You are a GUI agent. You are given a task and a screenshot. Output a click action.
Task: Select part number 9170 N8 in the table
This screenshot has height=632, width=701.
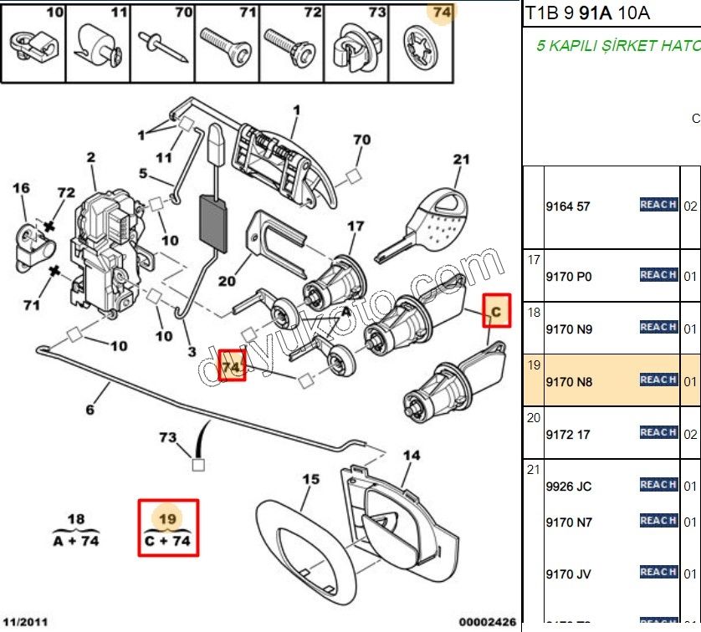click(568, 380)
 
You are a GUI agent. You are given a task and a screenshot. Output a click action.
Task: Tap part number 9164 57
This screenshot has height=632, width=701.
click(567, 206)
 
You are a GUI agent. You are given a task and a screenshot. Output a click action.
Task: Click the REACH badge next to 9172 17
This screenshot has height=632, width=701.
click(658, 432)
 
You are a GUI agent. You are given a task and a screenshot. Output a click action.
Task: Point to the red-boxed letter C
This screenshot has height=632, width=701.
click(495, 312)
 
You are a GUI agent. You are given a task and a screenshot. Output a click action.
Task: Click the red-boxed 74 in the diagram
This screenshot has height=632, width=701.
click(232, 367)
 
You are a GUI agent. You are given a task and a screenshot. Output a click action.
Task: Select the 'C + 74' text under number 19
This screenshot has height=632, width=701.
click(167, 542)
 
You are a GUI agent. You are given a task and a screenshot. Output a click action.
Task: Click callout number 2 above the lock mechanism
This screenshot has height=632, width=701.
click(90, 157)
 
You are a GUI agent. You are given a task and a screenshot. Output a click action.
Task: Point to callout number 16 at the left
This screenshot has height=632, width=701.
click(21, 189)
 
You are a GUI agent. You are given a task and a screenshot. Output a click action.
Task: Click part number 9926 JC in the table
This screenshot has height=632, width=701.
click(568, 486)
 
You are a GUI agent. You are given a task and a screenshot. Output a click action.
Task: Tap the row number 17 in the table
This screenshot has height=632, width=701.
click(534, 260)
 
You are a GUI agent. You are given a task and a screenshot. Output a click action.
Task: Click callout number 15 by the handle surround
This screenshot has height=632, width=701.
click(310, 479)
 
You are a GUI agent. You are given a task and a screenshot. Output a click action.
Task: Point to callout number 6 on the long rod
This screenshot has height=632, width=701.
click(90, 410)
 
